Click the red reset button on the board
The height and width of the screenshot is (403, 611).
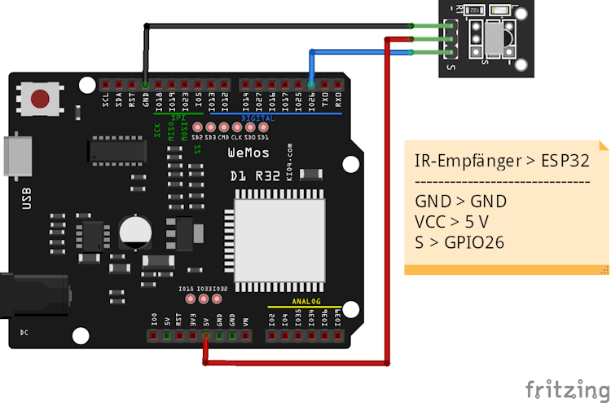point(38,100)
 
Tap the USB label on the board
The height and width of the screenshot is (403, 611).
point(27,197)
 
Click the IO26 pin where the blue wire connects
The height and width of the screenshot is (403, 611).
point(311,85)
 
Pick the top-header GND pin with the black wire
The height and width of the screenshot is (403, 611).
point(145,84)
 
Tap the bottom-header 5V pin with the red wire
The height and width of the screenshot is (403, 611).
point(206,334)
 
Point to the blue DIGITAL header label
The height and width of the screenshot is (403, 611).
point(258,118)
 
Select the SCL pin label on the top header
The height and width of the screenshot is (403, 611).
point(106,101)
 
